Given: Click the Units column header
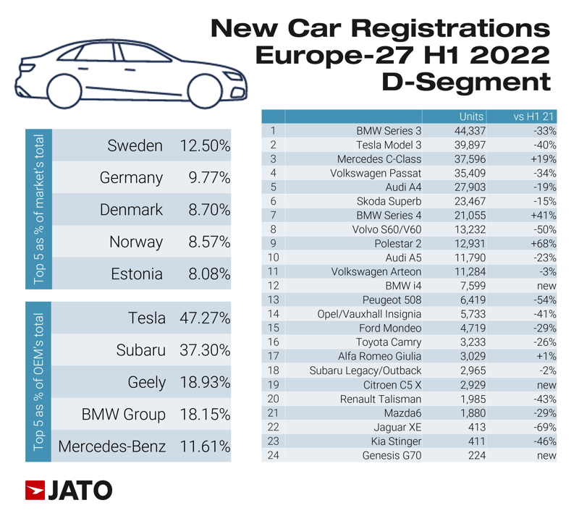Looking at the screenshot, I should (x=471, y=116).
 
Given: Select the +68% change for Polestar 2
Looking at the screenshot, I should (x=541, y=244).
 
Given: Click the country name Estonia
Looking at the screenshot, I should (x=137, y=274).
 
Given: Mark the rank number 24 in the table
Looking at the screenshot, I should (x=273, y=455).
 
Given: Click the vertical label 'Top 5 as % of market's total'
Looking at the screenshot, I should (x=39, y=208).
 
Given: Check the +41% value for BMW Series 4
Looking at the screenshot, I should (x=541, y=216).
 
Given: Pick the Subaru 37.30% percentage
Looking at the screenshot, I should (x=205, y=350).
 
